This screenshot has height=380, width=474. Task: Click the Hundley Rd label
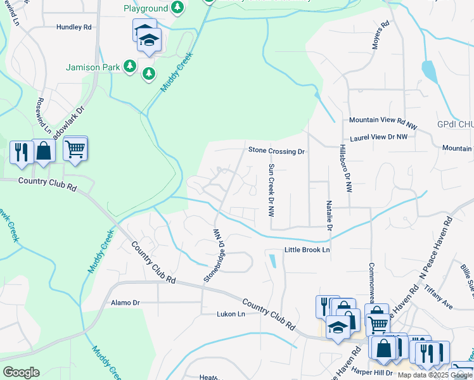coord(74,27)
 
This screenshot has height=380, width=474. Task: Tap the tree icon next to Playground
coord(179,8)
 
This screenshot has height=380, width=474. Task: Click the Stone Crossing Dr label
coord(276,151)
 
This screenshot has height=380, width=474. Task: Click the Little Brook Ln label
coord(307,250)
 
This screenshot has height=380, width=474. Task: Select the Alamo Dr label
coord(125,303)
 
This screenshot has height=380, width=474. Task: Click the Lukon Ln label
coord(231,313)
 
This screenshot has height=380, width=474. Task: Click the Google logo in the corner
coord(21,372)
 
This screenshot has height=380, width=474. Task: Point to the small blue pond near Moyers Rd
coord(428,71)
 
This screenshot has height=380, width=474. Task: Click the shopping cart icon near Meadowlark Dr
coord(75,149)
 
